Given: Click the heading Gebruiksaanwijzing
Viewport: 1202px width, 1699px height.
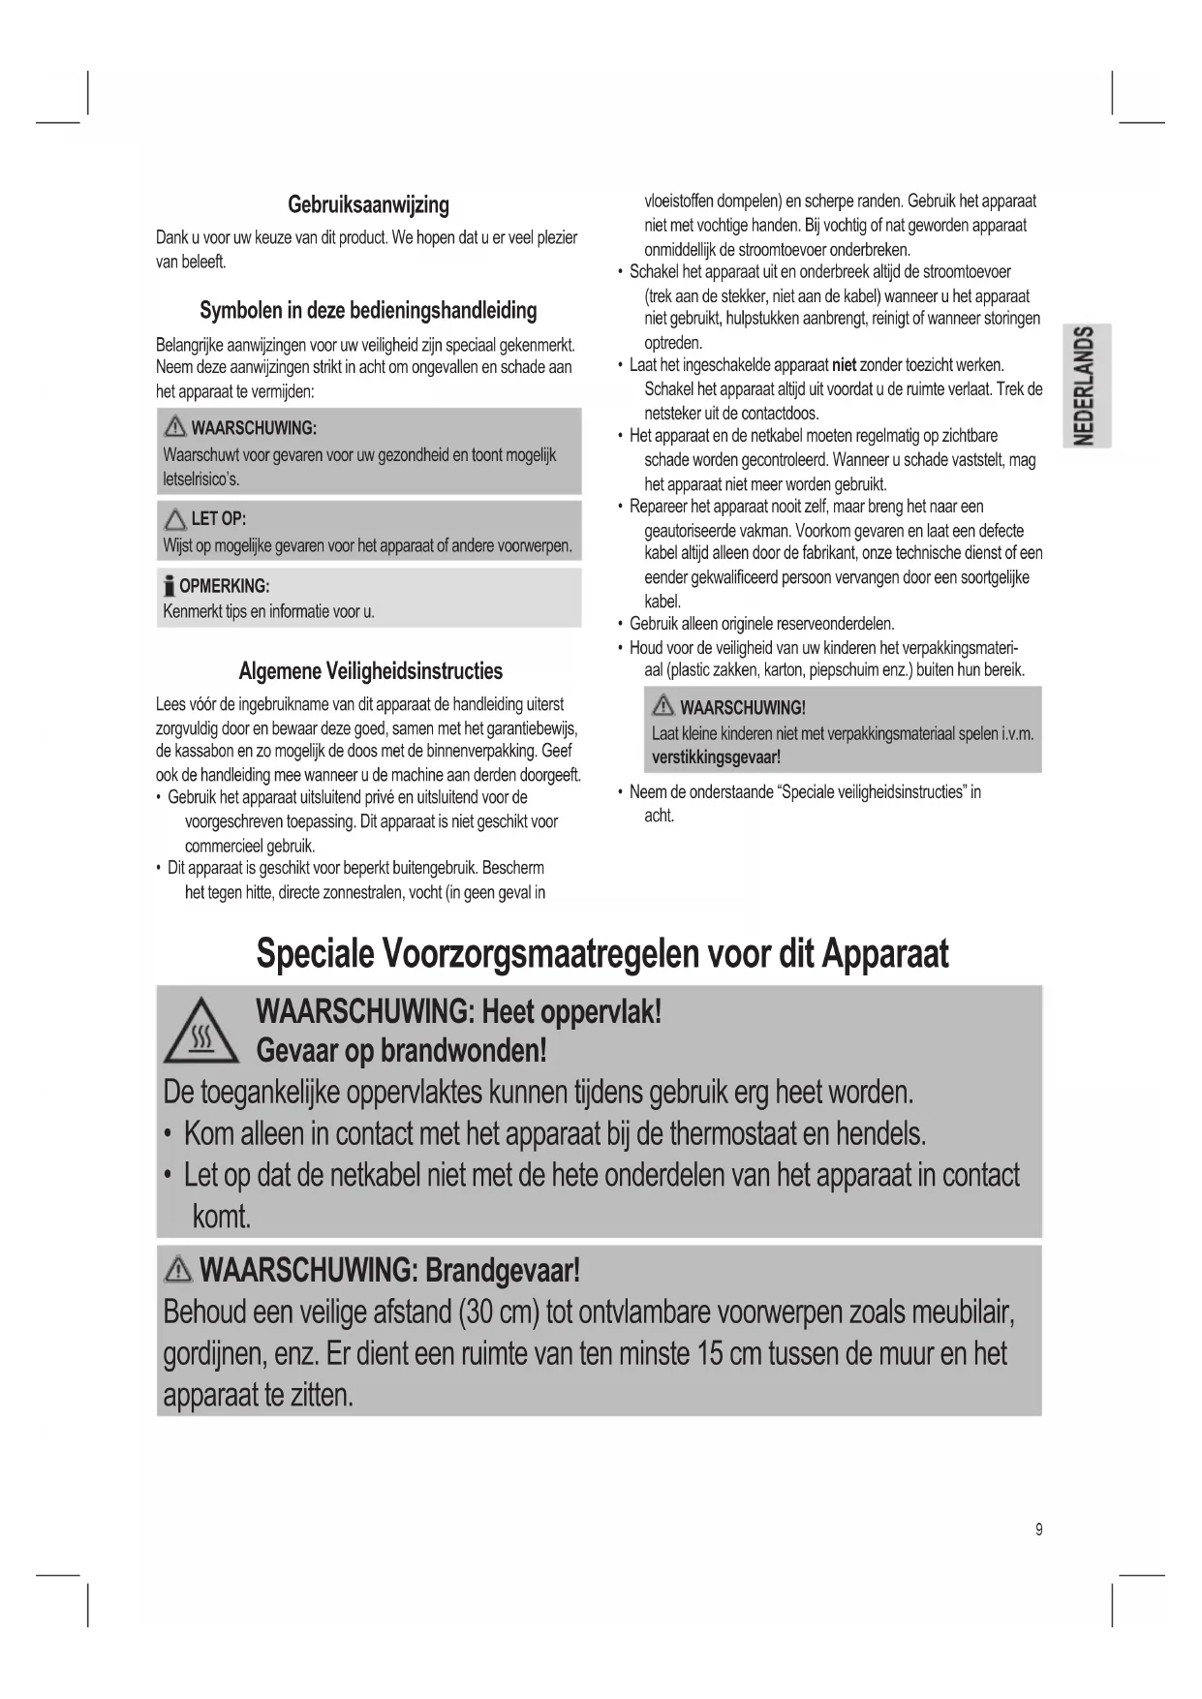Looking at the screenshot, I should click(368, 205).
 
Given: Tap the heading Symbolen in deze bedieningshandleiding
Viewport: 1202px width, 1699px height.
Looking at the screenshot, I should click(368, 311).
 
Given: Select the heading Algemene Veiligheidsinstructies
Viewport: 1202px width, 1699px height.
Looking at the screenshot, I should click(370, 671).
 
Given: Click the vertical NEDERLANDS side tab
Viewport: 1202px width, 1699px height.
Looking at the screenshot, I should click(1087, 385).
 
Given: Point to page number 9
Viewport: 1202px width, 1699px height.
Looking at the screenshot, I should click(1039, 1530).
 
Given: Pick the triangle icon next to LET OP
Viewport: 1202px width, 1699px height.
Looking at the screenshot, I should click(175, 519).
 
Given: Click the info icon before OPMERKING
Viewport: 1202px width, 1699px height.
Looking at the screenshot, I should click(170, 585).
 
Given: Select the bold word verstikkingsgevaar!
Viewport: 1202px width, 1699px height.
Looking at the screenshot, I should click(716, 757).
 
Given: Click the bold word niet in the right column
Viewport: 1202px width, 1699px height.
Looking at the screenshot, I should click(844, 365).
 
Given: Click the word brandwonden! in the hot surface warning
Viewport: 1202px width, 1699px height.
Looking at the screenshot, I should click(463, 1051).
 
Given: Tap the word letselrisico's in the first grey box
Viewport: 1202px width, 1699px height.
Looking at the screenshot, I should click(201, 479).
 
